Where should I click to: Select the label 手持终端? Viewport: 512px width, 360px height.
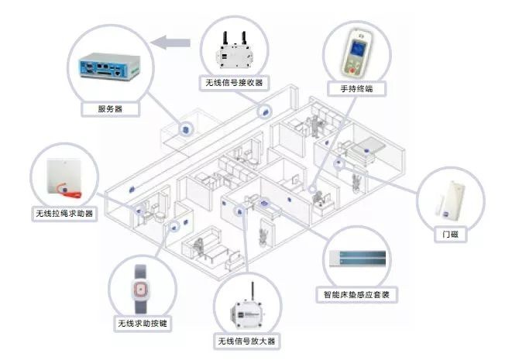(356, 89)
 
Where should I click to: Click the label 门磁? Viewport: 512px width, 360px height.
(449, 233)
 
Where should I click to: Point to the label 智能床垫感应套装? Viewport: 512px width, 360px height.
(356, 295)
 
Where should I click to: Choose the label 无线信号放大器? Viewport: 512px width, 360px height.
(248, 341)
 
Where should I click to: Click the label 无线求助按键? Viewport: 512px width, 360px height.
(143, 323)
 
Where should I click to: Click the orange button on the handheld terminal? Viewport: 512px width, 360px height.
(356, 66)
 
